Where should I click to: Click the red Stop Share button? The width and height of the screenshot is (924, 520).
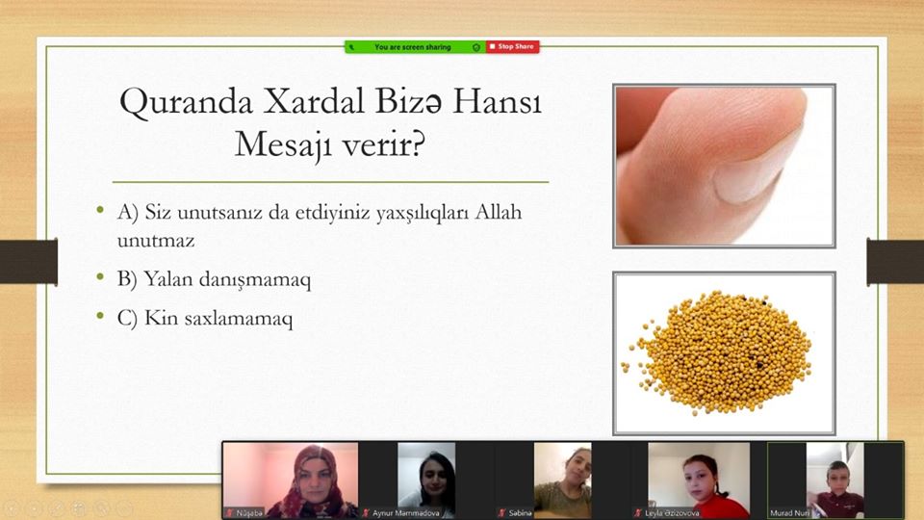513,46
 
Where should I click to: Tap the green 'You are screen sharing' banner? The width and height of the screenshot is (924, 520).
416,46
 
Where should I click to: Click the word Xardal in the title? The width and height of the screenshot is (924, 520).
314,101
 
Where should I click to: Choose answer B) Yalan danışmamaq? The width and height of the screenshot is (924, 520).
214,279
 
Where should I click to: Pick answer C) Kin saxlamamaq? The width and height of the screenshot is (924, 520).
204,319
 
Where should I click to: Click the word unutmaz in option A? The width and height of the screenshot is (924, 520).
156,241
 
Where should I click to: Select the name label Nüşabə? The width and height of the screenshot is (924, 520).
249,513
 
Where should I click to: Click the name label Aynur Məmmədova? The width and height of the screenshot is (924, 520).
405,513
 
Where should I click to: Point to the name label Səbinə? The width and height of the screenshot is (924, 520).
520,513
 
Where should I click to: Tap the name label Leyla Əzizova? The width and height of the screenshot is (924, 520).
673,513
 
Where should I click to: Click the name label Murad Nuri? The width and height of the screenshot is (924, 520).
789,513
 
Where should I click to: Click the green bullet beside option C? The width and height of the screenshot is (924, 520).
100,317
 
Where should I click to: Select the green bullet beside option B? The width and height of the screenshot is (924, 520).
100,276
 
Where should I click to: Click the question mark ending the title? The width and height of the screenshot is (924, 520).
418,143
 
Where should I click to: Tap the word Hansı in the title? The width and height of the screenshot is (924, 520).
497,101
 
